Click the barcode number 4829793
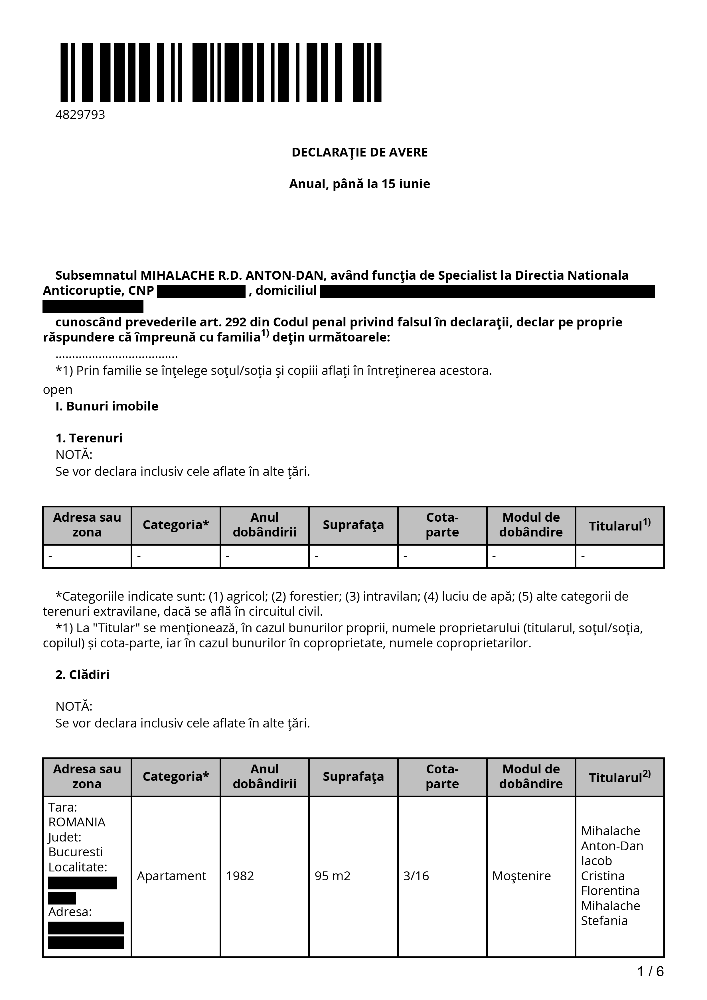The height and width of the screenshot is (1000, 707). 80,115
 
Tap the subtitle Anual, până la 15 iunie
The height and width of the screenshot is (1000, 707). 359,184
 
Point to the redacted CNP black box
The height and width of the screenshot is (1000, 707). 201,291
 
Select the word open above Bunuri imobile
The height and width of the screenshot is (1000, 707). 58,389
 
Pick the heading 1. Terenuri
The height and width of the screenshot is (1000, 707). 89,438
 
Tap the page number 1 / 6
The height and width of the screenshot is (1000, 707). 650,971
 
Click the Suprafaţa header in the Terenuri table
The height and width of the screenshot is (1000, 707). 353,525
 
